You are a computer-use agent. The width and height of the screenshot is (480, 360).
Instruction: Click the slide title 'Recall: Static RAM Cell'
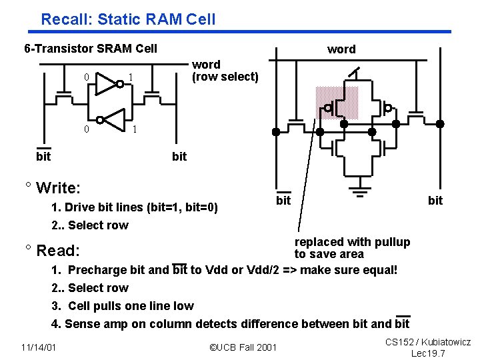(128, 19)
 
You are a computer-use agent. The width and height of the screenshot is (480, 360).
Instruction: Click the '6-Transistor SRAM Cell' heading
(91, 48)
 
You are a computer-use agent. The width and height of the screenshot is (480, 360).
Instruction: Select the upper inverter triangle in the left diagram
(106, 83)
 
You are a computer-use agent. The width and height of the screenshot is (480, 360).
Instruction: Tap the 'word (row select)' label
(225, 71)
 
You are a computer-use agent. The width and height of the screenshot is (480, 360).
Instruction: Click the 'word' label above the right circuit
(341, 49)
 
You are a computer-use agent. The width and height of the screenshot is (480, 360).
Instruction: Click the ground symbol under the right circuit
(361, 196)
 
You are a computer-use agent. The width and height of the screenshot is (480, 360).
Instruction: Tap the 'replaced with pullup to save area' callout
(352, 248)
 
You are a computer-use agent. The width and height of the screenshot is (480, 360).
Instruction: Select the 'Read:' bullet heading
(58, 251)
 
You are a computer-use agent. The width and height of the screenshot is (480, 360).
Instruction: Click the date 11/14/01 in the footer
(38, 347)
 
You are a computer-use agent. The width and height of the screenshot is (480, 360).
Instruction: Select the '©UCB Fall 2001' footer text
(243, 347)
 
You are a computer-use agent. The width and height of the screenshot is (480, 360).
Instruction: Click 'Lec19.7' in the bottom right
(428, 353)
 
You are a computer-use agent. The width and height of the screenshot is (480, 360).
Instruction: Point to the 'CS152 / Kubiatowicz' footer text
(428, 342)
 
